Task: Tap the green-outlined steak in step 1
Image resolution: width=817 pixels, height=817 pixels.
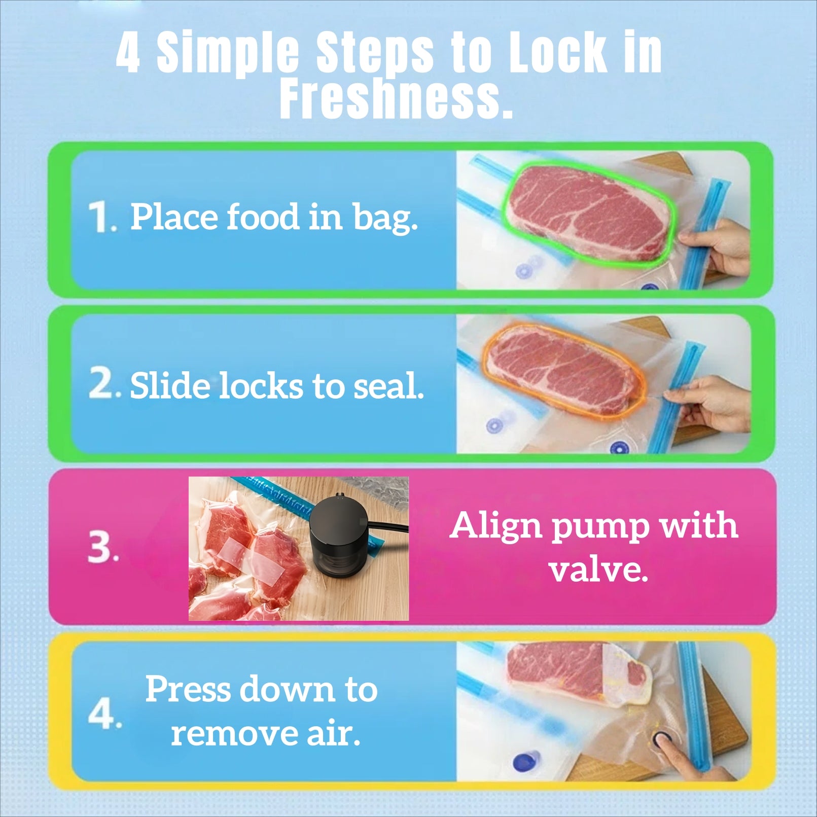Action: pos(588,212)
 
